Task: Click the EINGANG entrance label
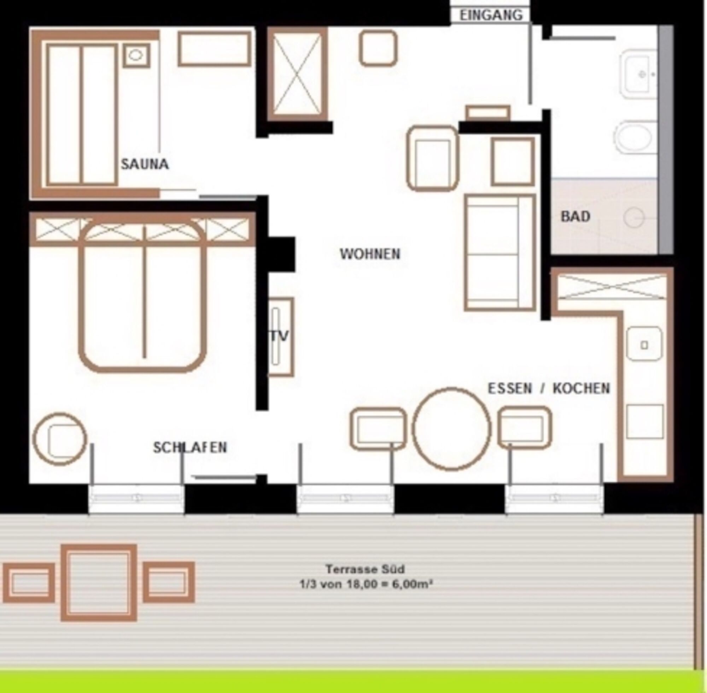click(491, 15)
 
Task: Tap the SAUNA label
click(145, 164)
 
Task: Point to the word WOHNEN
click(370, 254)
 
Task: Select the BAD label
click(575, 216)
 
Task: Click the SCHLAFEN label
click(190, 447)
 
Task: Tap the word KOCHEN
click(581, 388)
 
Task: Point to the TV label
click(280, 336)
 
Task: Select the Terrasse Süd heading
click(365, 569)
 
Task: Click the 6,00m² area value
click(412, 584)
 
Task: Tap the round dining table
click(451, 429)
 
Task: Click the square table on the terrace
click(99, 583)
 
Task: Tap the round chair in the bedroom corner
click(60, 439)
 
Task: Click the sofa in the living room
click(500, 253)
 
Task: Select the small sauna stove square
click(136, 55)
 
